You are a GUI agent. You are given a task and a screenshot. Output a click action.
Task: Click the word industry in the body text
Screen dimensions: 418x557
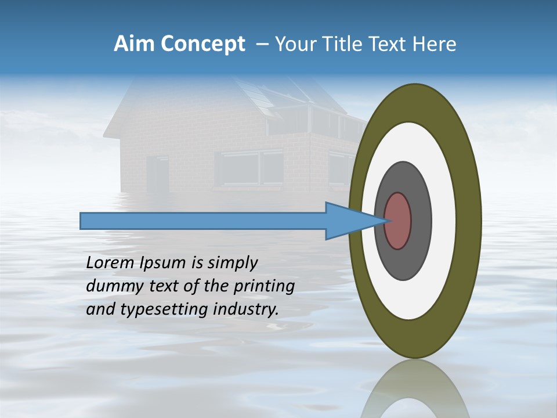pyautogui.click(x=247, y=309)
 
